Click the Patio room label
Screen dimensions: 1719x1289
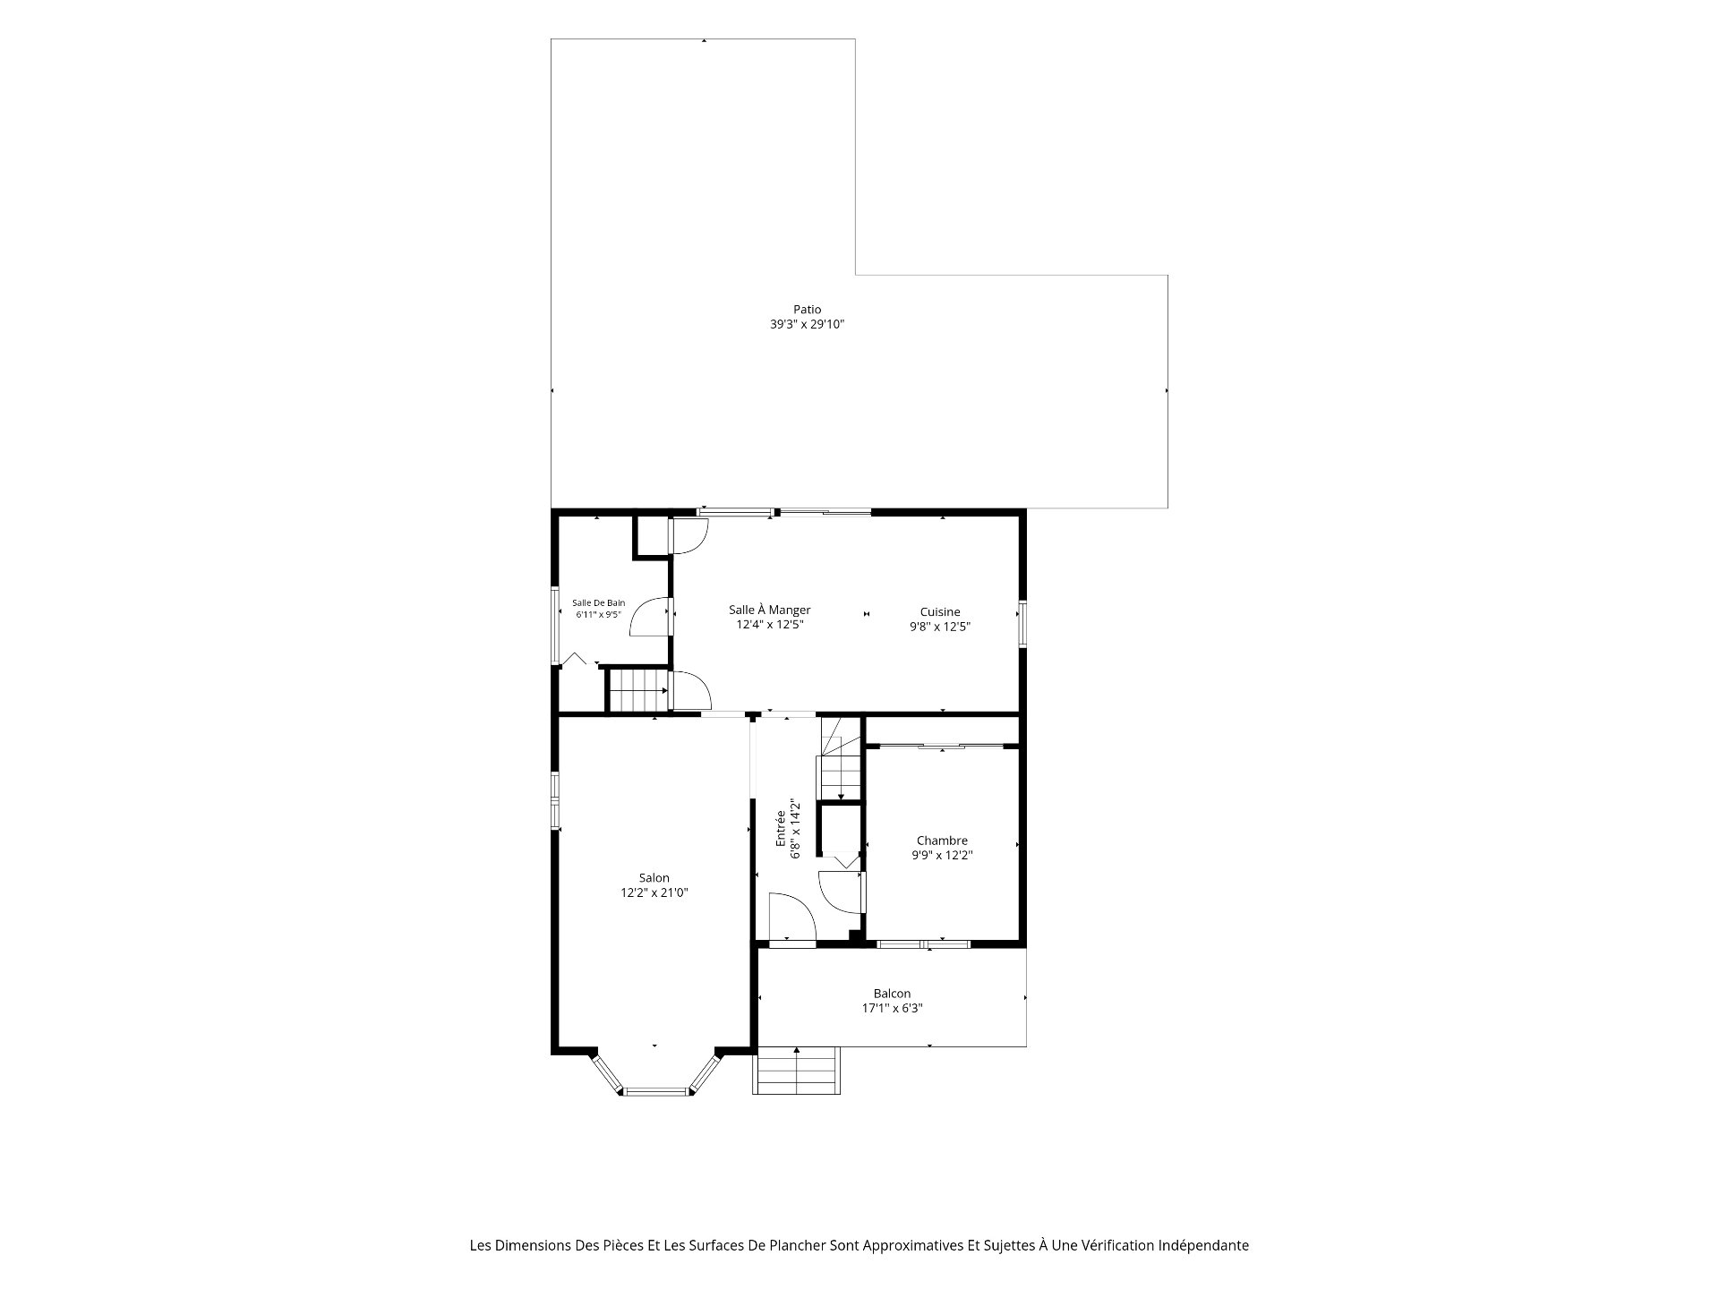(x=807, y=310)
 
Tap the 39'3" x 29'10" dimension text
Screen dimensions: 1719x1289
(x=807, y=325)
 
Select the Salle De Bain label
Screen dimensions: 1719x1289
(x=599, y=602)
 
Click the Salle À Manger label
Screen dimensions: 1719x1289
(x=769, y=610)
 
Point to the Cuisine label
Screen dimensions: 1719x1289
(x=940, y=612)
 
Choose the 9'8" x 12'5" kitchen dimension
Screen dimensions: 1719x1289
(x=940, y=627)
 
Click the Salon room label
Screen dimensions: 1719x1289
(x=654, y=878)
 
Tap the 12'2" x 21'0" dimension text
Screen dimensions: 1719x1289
(x=654, y=892)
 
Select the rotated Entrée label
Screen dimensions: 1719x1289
(x=781, y=829)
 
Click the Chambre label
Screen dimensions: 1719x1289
(x=942, y=841)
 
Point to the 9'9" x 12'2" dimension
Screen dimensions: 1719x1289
(x=942, y=855)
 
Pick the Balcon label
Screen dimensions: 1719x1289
(x=892, y=994)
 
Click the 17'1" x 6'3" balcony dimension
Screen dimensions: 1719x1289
(x=892, y=1008)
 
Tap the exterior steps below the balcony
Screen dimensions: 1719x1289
(x=798, y=1070)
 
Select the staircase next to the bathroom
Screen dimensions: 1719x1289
(x=637, y=690)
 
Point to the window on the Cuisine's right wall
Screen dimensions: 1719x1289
(x=1022, y=624)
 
